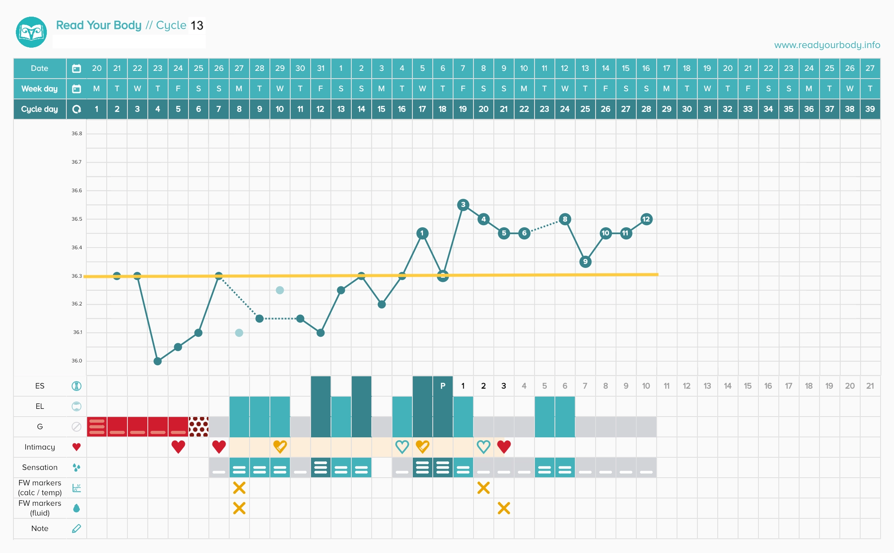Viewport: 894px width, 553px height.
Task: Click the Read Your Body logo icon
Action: tap(31, 32)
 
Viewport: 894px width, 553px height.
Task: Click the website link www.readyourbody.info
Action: tap(827, 45)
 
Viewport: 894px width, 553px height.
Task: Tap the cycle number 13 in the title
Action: tap(197, 26)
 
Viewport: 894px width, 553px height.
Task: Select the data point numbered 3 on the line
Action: tap(463, 205)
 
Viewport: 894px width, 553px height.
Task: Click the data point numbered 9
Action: tap(585, 261)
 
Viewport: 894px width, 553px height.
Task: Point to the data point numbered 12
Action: tap(646, 219)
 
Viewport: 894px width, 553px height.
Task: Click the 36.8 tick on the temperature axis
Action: tap(77, 134)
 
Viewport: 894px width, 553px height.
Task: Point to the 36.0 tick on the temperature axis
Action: tap(77, 361)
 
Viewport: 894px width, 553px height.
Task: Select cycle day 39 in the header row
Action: tap(870, 109)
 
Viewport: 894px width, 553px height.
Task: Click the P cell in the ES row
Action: tap(443, 386)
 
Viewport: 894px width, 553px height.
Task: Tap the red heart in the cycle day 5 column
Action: tap(178, 447)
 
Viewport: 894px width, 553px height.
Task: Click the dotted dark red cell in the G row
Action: tap(199, 426)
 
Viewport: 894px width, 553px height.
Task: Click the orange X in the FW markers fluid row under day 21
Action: tap(504, 508)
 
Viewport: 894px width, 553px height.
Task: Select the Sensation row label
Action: tap(40, 467)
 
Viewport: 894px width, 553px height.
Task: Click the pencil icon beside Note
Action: tap(77, 529)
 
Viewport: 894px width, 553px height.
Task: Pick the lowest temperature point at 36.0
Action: tap(158, 361)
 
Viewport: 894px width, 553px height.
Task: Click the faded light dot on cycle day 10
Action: tap(280, 290)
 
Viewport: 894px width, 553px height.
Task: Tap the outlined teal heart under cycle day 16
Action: tap(402, 447)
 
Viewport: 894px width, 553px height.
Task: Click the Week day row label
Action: tap(39, 89)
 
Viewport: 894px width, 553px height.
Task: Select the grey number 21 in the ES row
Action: tap(870, 386)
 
